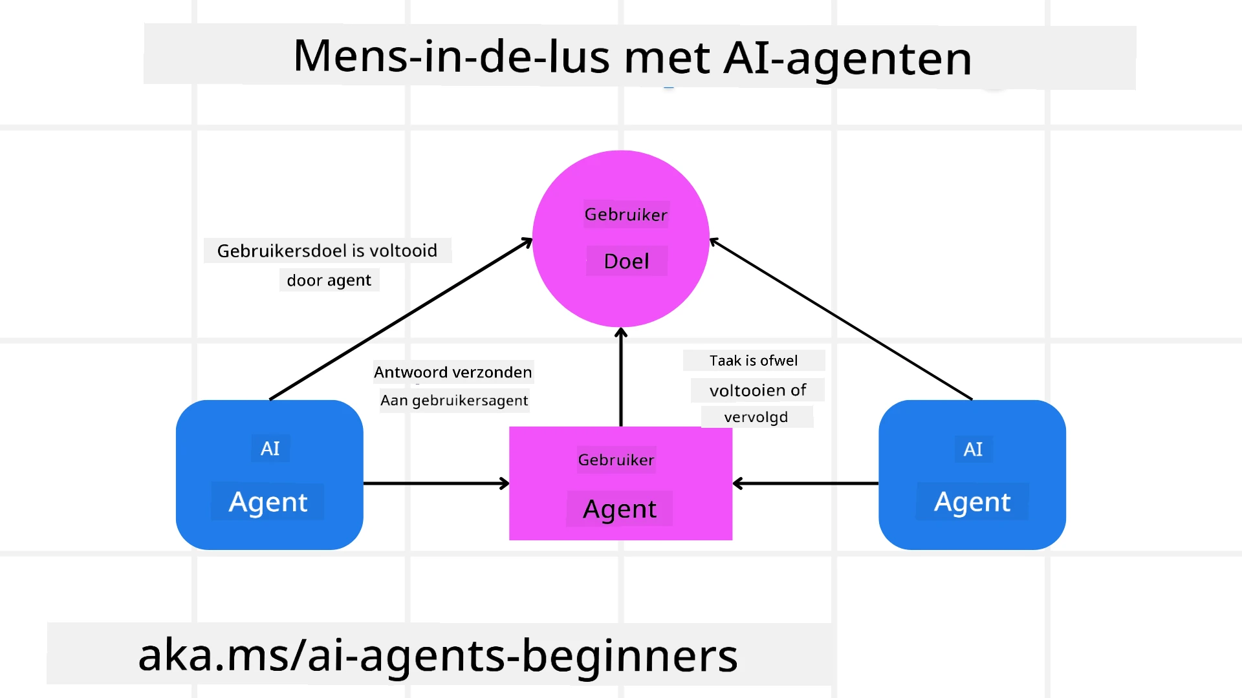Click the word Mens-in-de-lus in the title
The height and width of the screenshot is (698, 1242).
[x=451, y=57]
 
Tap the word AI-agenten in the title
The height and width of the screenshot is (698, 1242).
[x=847, y=58]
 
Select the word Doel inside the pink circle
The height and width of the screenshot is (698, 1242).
[x=626, y=261]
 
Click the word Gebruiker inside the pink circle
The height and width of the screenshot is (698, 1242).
[x=626, y=215]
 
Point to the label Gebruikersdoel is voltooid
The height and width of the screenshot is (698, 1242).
[x=327, y=251]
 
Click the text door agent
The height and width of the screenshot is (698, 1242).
[x=329, y=280]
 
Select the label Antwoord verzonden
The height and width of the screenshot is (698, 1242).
[x=453, y=372]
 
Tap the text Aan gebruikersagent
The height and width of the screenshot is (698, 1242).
[x=454, y=401]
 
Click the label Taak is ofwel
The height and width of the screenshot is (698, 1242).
[x=754, y=361]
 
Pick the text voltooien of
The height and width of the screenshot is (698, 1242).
[x=757, y=390]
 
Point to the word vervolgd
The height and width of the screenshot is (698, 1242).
[x=756, y=418]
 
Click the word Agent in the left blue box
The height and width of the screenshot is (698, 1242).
[x=268, y=502]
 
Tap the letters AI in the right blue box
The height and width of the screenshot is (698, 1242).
[x=972, y=449]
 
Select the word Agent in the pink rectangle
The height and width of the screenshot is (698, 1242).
[x=620, y=509]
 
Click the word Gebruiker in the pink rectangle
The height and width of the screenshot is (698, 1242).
[x=616, y=460]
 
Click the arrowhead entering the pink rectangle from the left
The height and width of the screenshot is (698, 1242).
[x=505, y=483]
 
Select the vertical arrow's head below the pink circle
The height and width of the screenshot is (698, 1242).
[x=621, y=333]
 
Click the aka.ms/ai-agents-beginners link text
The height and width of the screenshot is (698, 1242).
[x=438, y=655]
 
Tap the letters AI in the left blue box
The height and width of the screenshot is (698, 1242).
[x=270, y=449]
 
